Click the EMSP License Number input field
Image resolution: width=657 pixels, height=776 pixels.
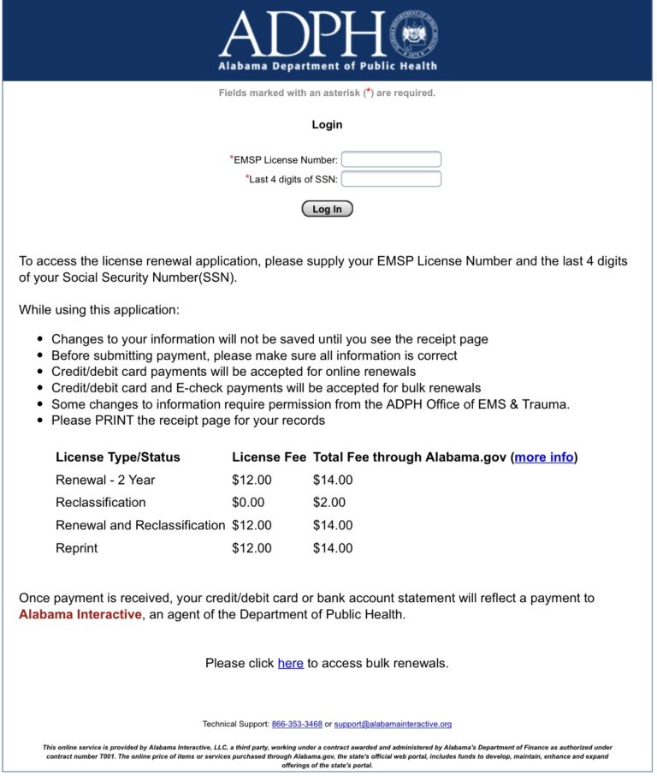click(x=391, y=159)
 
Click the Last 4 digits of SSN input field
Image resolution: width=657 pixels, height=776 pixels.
click(x=391, y=179)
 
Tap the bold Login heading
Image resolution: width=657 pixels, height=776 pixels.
click(x=327, y=125)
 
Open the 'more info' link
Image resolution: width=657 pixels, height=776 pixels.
click(x=544, y=457)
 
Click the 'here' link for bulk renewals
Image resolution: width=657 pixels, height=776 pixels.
click(x=290, y=663)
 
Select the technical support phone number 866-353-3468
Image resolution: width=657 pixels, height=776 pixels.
click(x=297, y=724)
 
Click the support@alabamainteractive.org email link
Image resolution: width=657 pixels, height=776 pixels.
click(x=393, y=724)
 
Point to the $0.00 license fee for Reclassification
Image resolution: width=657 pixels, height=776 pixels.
click(x=248, y=503)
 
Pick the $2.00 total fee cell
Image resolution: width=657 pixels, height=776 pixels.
click(x=329, y=503)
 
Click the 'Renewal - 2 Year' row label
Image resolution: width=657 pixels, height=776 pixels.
click(x=105, y=480)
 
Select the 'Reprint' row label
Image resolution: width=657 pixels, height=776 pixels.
click(x=77, y=548)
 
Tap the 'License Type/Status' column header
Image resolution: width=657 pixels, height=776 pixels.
click(x=118, y=457)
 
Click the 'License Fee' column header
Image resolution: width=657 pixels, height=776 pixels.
click(x=269, y=457)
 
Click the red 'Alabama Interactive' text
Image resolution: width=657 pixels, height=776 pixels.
click(x=80, y=614)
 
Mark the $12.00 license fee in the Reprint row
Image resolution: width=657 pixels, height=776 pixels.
click(x=252, y=548)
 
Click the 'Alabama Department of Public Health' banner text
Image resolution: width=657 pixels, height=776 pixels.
click(x=328, y=66)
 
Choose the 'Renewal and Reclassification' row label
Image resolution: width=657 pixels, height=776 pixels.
click(x=140, y=525)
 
